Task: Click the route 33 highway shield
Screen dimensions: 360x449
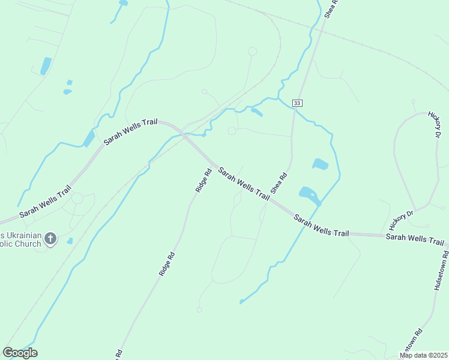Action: (297, 103)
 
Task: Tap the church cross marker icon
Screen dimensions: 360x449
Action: (50, 239)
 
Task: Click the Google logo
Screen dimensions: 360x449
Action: (20, 353)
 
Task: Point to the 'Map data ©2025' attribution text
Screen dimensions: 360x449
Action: (424, 355)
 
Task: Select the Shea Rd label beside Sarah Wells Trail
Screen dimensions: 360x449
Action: (279, 183)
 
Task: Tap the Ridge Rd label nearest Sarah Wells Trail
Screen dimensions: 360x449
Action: (203, 180)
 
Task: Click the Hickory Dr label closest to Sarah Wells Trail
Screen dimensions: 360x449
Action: (402, 220)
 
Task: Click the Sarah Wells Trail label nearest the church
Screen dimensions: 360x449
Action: (45, 205)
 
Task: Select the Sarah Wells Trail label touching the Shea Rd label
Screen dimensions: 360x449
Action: (243, 183)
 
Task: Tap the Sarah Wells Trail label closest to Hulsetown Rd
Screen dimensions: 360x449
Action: (414, 239)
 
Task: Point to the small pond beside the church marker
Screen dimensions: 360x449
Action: (70, 241)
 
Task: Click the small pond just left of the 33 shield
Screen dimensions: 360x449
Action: (256, 112)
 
